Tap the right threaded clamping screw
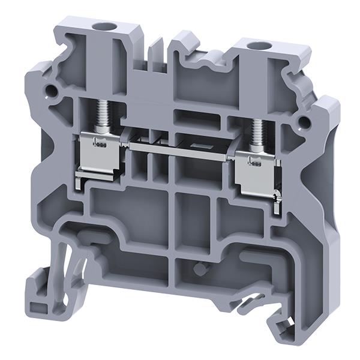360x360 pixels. [x=259, y=136]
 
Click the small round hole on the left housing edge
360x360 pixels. [x=50, y=92]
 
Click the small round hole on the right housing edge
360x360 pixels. [x=304, y=122]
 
